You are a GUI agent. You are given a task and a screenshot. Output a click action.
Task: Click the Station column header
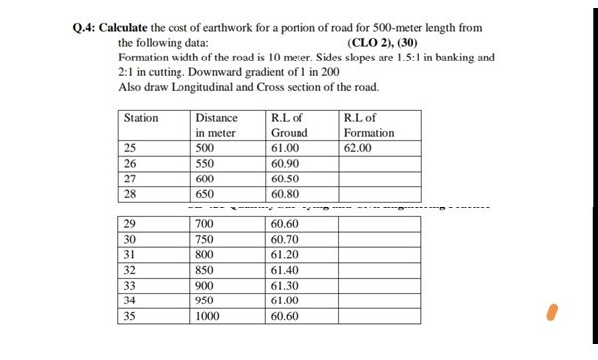tap(141, 118)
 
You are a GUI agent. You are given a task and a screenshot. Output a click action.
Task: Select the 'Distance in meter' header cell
tap(216, 125)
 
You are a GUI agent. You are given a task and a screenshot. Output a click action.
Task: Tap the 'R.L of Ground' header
tap(289, 125)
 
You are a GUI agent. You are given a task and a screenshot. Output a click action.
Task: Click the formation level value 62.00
tap(357, 148)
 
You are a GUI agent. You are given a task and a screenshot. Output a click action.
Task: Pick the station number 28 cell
tap(129, 194)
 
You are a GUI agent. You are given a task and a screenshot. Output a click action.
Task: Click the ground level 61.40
tap(284, 269)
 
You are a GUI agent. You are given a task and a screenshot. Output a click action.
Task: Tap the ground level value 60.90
tap(284, 164)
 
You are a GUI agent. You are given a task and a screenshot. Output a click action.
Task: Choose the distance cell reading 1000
tap(209, 317)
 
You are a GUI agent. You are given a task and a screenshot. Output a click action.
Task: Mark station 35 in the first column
tap(129, 317)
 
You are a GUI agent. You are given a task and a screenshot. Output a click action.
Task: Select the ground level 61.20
tap(284, 254)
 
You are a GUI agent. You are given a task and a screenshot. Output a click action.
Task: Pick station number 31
tap(129, 254)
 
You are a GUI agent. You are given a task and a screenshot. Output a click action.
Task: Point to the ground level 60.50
tap(284, 179)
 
